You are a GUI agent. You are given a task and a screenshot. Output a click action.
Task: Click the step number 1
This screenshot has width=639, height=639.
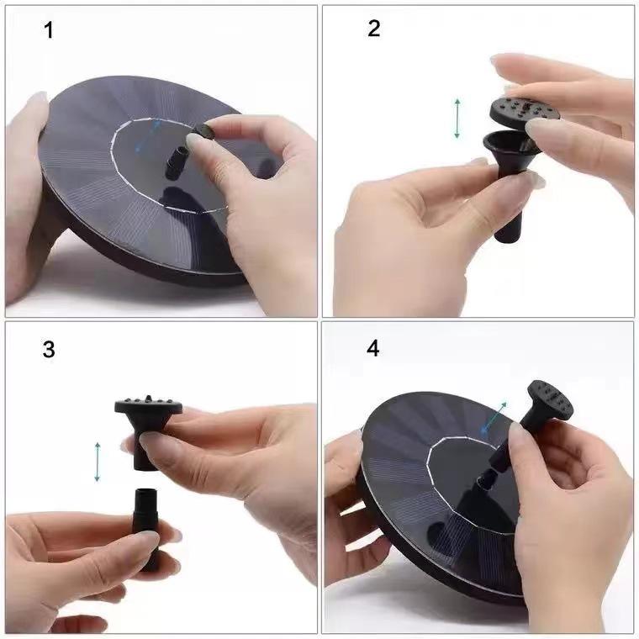[49, 31]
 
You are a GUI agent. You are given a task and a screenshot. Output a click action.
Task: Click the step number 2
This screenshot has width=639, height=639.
[373, 29]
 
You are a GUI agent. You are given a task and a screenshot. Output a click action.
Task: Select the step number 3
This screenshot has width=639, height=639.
[49, 349]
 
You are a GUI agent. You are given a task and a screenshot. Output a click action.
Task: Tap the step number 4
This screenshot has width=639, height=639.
[373, 347]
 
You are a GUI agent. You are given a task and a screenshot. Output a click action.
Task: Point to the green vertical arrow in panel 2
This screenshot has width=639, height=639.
[457, 118]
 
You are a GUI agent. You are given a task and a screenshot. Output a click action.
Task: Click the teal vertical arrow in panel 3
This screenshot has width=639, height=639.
[98, 462]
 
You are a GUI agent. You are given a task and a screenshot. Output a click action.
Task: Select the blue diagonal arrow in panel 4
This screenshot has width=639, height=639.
[494, 417]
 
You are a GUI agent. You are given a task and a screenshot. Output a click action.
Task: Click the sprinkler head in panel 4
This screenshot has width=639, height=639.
[550, 399]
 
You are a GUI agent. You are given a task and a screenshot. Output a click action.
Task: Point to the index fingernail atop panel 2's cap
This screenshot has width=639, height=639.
[510, 62]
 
